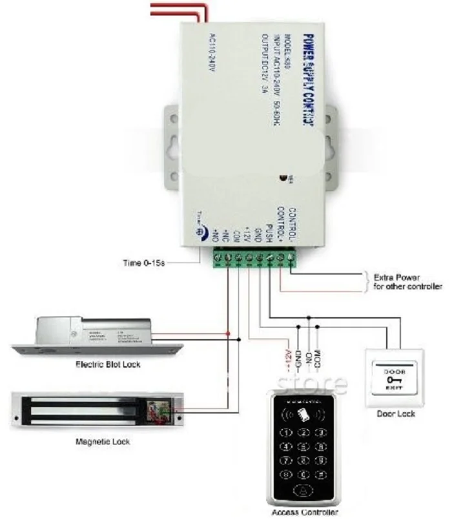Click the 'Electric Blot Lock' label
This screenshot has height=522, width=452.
108,364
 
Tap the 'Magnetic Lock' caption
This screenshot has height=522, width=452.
103,442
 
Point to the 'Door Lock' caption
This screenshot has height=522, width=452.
396,413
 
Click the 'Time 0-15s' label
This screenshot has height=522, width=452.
146,263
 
